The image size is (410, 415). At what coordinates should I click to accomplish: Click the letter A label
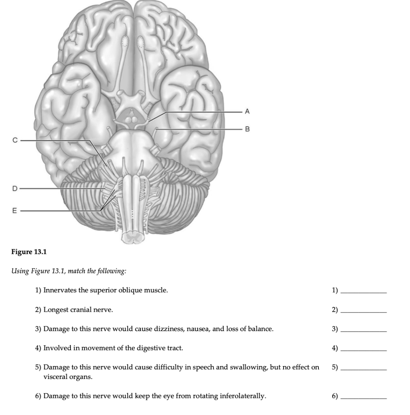tap(248, 111)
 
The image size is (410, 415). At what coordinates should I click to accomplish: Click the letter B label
tap(248, 129)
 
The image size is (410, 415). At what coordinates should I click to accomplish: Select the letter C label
tap(15, 140)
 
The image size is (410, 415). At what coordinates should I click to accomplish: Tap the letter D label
tap(15, 188)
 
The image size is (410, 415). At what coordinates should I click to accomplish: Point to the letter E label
tap(15, 211)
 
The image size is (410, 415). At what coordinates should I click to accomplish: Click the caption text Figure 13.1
tap(29, 252)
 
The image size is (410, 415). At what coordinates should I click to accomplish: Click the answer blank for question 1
tap(363, 291)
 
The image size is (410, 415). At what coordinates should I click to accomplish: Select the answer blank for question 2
tap(363, 311)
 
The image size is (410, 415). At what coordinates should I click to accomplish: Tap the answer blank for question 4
tap(363, 349)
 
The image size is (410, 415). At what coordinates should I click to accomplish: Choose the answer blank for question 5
tap(363, 368)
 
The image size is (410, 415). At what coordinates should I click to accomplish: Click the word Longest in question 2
tap(56, 310)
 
